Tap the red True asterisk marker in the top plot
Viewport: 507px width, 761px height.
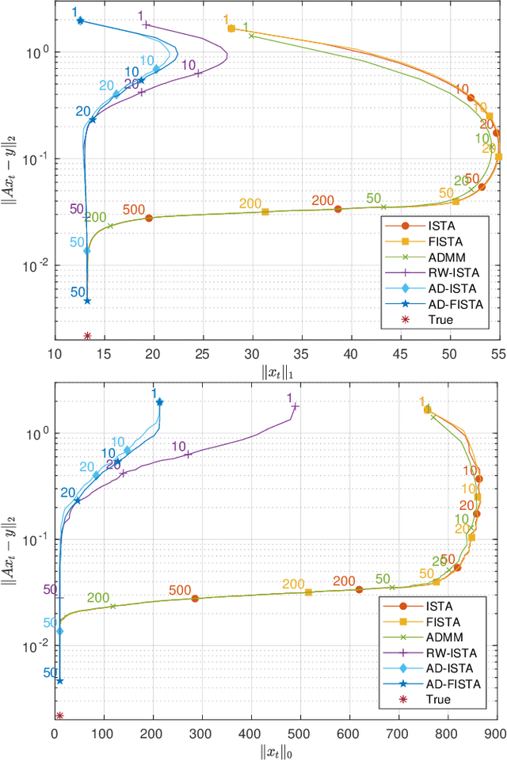(87, 336)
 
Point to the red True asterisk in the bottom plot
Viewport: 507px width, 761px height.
(59, 716)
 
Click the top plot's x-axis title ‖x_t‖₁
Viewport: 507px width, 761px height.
(276, 369)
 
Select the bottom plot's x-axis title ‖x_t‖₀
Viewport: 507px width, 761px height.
(276, 750)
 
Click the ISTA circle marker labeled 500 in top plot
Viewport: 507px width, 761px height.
(149, 218)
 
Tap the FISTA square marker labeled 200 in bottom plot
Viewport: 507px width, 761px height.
(308, 592)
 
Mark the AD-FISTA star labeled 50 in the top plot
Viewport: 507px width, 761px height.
(87, 301)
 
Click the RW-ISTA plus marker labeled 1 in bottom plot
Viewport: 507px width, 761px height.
(295, 406)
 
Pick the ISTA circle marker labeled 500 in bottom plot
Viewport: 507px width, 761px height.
(195, 598)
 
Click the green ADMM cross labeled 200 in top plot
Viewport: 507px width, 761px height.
(110, 226)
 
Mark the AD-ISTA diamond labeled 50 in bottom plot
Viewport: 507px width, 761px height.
(59, 631)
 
